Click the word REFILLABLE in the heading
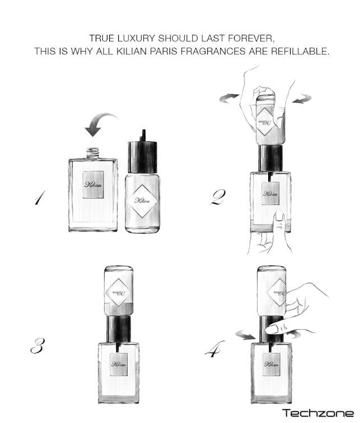(300, 51)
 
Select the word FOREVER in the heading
(251, 38)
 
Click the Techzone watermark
(318, 413)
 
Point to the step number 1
(40, 198)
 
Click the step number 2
(218, 197)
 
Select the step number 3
(38, 346)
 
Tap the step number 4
(215, 349)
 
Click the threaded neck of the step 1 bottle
(93, 153)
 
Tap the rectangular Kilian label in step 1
(93, 184)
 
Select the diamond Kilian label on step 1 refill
(142, 201)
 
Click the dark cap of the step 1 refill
(142, 157)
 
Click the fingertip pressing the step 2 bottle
(279, 217)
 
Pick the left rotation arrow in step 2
(229, 97)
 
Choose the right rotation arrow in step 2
(302, 99)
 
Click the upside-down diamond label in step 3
(118, 292)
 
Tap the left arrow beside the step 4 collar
(245, 336)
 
